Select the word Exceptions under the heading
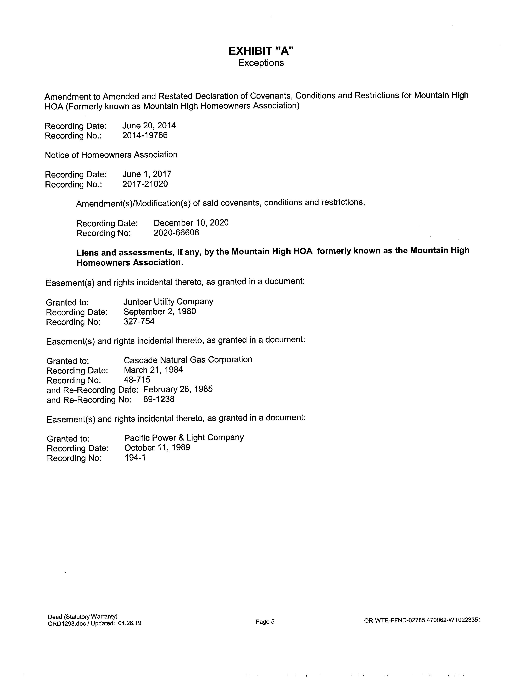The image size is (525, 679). (x=261, y=63)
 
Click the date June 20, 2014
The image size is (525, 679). (x=149, y=126)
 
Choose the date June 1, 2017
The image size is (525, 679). (x=147, y=174)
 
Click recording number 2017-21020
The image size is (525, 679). (x=145, y=184)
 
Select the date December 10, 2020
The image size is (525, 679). (x=191, y=223)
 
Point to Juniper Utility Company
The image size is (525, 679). (x=168, y=302)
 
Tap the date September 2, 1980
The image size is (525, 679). (x=160, y=312)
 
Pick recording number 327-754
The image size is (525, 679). (x=139, y=321)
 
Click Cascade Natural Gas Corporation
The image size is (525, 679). (x=188, y=360)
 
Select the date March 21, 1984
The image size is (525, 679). (x=153, y=370)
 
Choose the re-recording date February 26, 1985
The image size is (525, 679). (x=178, y=389)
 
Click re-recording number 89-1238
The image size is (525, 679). (x=159, y=399)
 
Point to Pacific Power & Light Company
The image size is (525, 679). (x=184, y=438)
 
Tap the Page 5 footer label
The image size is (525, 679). (x=265, y=622)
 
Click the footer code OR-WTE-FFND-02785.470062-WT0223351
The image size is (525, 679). (x=422, y=620)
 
